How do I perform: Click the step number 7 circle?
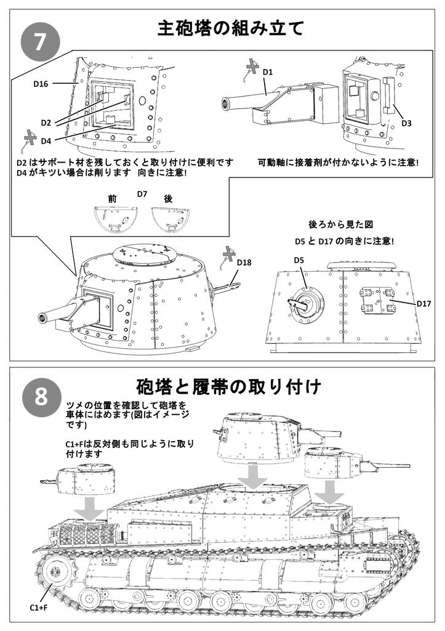(40, 43)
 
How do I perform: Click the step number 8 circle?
(40, 396)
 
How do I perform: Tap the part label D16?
(41, 84)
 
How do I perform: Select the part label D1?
(268, 72)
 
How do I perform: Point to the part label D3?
(406, 123)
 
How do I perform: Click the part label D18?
(244, 263)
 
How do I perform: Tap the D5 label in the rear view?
(299, 260)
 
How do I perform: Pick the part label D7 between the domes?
(142, 194)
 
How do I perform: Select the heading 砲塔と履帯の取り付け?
(229, 387)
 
